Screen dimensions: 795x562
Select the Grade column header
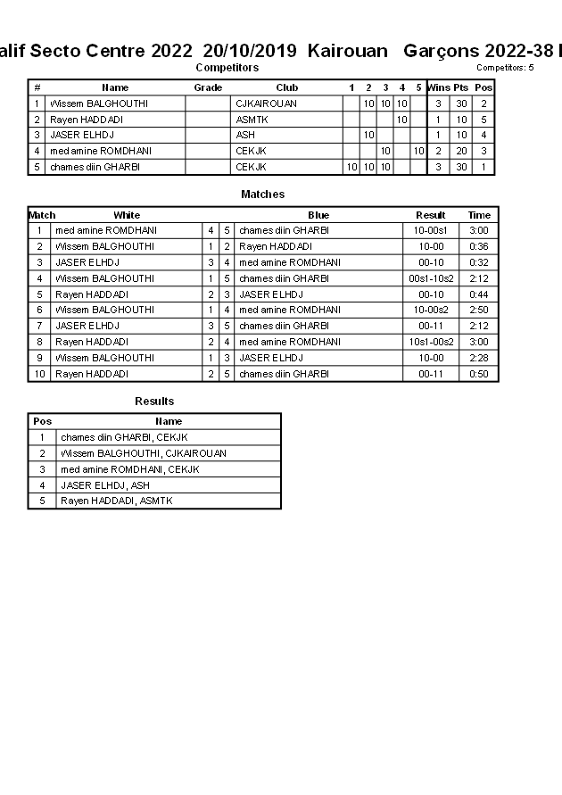tap(208, 87)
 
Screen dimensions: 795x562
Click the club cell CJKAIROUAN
tap(266, 104)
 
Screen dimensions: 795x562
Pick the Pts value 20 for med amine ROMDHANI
tap(461, 152)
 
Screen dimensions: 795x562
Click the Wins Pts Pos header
tap(459, 87)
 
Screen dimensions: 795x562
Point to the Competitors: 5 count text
tap(504, 68)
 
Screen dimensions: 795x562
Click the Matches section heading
tap(262, 195)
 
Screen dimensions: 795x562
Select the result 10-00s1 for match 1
tap(430, 230)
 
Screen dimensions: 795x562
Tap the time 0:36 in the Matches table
tap(479, 246)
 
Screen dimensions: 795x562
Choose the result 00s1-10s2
tap(430, 278)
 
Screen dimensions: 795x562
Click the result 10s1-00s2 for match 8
tap(430, 342)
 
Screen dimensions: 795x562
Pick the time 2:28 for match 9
tap(479, 358)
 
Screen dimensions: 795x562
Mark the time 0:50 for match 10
tap(479, 374)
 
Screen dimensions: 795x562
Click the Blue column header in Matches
tap(318, 215)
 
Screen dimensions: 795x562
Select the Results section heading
tap(154, 402)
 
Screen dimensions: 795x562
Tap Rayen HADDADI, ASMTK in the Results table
tap(116, 501)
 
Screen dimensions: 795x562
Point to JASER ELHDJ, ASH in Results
tap(104, 485)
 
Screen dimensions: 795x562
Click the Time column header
tap(479, 215)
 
